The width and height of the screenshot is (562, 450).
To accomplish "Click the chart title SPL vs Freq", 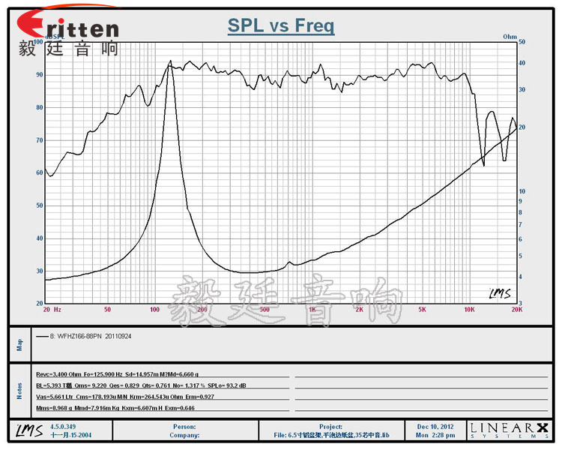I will point(281,26).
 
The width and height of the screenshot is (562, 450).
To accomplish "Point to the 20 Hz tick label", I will point(52,309).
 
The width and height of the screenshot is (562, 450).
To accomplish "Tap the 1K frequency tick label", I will point(312,309).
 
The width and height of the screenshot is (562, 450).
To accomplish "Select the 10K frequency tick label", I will point(469,309).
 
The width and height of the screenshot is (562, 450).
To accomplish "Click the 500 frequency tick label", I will point(264,309).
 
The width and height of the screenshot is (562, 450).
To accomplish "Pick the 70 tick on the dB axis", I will point(38,140).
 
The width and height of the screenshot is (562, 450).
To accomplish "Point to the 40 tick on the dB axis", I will point(38,238).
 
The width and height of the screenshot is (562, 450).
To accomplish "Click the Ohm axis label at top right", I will point(510,36).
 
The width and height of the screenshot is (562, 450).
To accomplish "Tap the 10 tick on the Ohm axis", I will point(522,191).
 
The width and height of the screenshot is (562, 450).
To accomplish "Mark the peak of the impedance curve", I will point(170,61).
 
